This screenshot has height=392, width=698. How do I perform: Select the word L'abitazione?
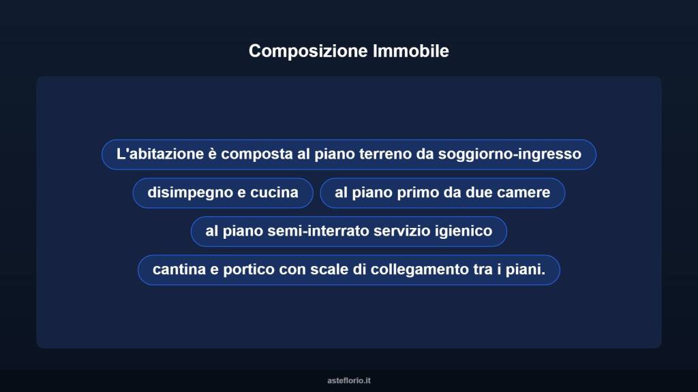pyautogui.click(x=159, y=154)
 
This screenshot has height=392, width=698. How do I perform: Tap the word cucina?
pyautogui.click(x=274, y=193)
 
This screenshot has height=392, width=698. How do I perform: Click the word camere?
pyautogui.click(x=523, y=193)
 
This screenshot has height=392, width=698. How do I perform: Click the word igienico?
pyautogui.click(x=465, y=231)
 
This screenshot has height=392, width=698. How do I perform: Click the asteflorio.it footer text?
pyautogui.click(x=349, y=380)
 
